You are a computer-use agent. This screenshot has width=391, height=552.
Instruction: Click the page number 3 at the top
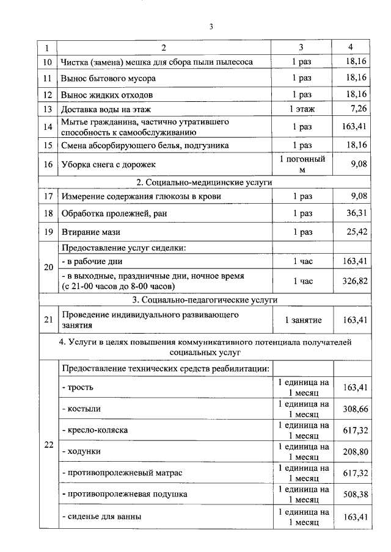click(x=211, y=26)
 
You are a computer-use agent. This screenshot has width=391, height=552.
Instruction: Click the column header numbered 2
click(x=164, y=48)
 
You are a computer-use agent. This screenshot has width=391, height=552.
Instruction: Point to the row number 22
click(x=48, y=444)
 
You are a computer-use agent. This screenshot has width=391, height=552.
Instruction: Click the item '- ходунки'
click(x=81, y=452)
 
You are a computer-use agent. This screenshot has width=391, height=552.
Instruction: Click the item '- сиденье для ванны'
click(x=101, y=517)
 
